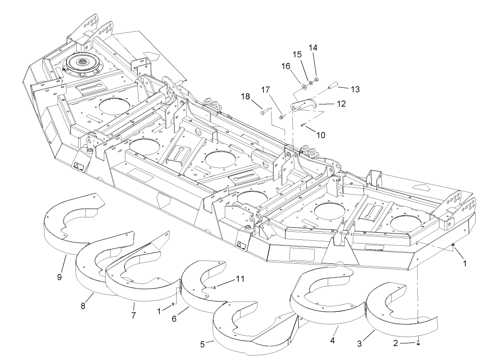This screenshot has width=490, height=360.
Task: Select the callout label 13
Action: [355, 89]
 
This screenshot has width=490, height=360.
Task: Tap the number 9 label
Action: [59, 277]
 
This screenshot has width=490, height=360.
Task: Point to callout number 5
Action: [203, 344]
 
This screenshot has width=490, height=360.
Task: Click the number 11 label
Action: [241, 279]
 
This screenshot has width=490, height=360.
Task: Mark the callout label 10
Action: [320, 135]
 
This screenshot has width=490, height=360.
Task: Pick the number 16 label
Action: [286, 66]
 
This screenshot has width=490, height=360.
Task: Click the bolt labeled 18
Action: [265, 111]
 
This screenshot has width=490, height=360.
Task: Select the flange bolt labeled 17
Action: [282, 118]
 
